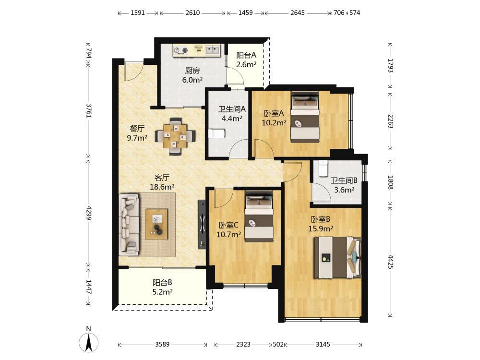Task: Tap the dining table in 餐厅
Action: [x=175, y=136]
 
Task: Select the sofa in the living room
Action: [x=129, y=225]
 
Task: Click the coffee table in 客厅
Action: [x=157, y=224]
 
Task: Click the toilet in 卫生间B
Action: [x=323, y=168]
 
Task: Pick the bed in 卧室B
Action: [x=337, y=257]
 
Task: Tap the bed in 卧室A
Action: [x=305, y=117]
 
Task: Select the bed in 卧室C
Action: [x=259, y=216]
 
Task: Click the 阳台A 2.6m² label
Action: [x=246, y=60]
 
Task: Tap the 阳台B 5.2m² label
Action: [x=163, y=287]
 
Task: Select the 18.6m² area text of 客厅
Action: [x=162, y=187]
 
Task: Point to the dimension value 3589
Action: [x=162, y=344]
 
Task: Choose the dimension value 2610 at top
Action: [x=192, y=13]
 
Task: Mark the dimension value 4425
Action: [x=390, y=262]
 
